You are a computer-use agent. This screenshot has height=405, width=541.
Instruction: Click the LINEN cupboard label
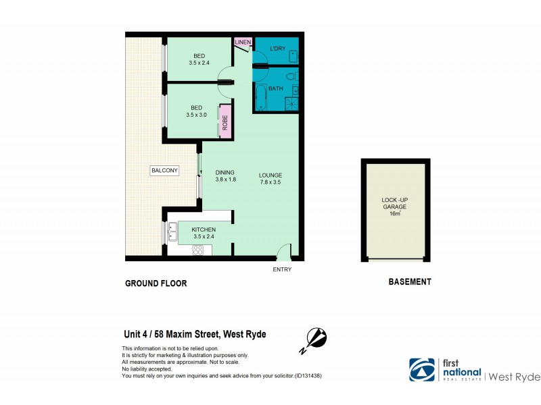click(x=243, y=43)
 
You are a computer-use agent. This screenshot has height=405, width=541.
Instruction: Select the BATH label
click(x=275, y=88)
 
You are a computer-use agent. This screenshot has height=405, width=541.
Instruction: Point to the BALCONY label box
click(x=164, y=171)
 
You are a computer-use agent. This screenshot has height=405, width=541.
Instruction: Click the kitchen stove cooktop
click(x=199, y=250)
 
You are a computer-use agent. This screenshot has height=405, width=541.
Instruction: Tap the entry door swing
click(x=285, y=251)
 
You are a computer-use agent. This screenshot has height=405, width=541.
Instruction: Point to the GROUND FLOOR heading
click(x=156, y=283)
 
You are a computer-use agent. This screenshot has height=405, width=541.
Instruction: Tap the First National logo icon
click(x=422, y=369)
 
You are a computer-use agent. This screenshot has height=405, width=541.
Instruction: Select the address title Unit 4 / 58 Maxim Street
click(x=194, y=334)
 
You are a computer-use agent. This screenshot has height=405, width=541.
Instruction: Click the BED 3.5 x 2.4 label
click(x=199, y=59)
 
